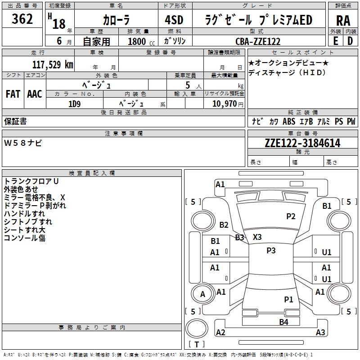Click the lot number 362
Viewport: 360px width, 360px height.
tap(22, 19)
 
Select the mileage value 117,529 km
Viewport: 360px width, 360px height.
tap(53, 64)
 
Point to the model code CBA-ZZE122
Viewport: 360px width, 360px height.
tap(258, 41)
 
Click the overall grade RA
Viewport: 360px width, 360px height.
tap(343, 20)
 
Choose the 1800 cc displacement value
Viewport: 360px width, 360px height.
tap(139, 41)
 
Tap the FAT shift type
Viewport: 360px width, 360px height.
tap(13, 94)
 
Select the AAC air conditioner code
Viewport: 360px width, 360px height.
tap(35, 94)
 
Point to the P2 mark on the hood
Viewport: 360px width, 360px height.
tap(291, 216)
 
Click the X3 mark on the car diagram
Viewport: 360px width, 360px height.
tap(257, 237)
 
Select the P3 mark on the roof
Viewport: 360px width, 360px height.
tap(271, 251)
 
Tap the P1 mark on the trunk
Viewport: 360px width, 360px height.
tap(288, 299)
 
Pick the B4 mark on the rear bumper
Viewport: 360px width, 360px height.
tap(283, 322)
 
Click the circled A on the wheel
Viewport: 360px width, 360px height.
tap(202, 294)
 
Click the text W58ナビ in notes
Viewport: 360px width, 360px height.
tap(23, 143)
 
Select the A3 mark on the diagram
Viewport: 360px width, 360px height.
tap(320, 333)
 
